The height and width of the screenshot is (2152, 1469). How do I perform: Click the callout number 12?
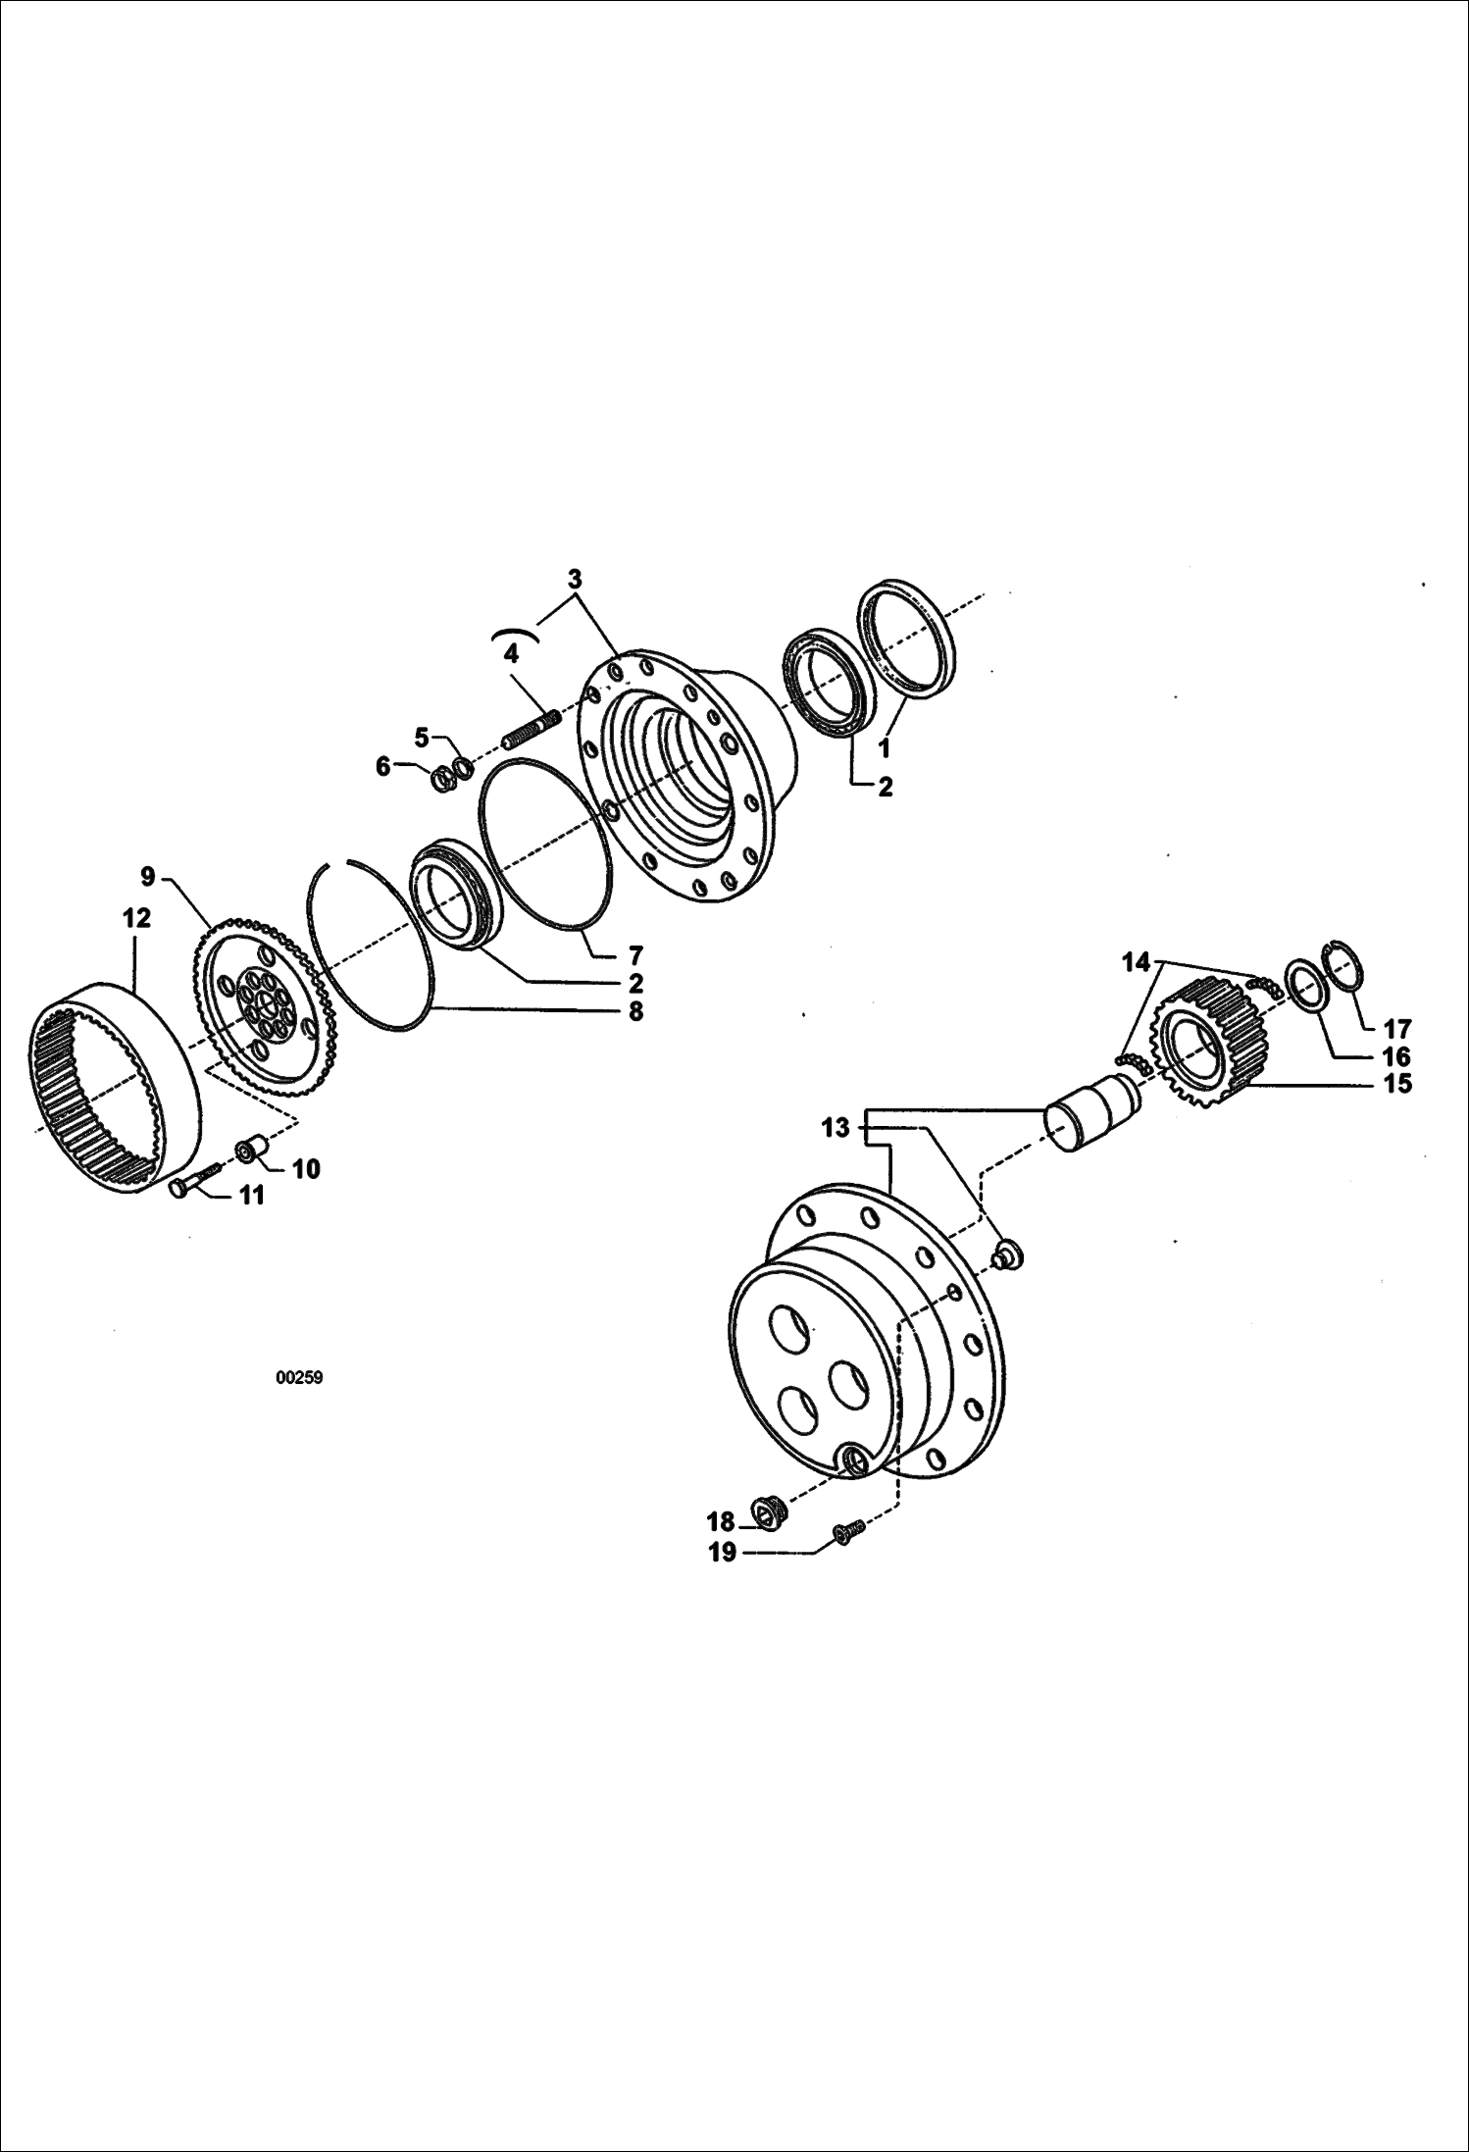(137, 918)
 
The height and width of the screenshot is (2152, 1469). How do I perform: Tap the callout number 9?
(147, 874)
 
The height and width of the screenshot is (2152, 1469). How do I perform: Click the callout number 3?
(575, 578)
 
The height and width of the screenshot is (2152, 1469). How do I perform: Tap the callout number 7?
(635, 953)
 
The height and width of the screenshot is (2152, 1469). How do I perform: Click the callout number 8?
(635, 1011)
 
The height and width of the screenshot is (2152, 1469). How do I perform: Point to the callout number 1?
(884, 748)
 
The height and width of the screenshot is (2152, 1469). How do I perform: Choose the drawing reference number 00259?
(299, 1378)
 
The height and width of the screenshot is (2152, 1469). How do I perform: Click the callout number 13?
(835, 1128)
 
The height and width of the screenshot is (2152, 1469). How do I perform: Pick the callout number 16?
(1396, 1056)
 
